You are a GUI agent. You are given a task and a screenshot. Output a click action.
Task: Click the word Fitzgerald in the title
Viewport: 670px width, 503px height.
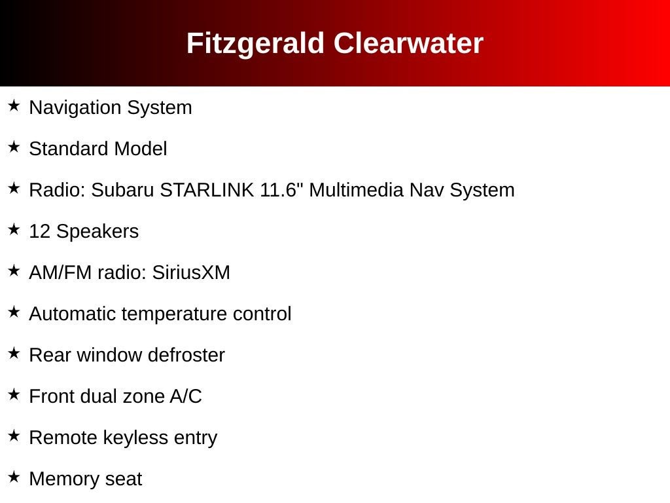(x=256, y=44)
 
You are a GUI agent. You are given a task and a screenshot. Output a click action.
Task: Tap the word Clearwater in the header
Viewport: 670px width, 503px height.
(x=408, y=43)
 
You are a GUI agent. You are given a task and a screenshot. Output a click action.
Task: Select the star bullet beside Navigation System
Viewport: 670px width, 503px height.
(x=14, y=105)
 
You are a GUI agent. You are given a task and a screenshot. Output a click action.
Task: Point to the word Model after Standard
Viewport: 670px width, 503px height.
(x=141, y=149)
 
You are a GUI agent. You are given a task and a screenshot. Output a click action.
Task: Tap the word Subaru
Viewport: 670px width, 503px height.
(x=122, y=190)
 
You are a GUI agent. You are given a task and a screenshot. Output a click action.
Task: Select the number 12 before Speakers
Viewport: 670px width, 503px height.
(x=40, y=231)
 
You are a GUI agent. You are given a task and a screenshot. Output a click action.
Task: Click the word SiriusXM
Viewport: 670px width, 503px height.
(x=191, y=272)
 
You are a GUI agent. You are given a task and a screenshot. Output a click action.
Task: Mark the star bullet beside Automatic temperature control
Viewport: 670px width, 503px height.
(x=14, y=312)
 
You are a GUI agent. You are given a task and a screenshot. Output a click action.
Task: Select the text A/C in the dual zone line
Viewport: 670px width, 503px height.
(x=186, y=396)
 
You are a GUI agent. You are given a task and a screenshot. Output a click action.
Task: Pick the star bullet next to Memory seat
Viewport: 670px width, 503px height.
(x=14, y=477)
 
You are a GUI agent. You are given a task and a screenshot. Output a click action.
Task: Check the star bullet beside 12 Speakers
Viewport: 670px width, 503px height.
(x=14, y=229)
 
